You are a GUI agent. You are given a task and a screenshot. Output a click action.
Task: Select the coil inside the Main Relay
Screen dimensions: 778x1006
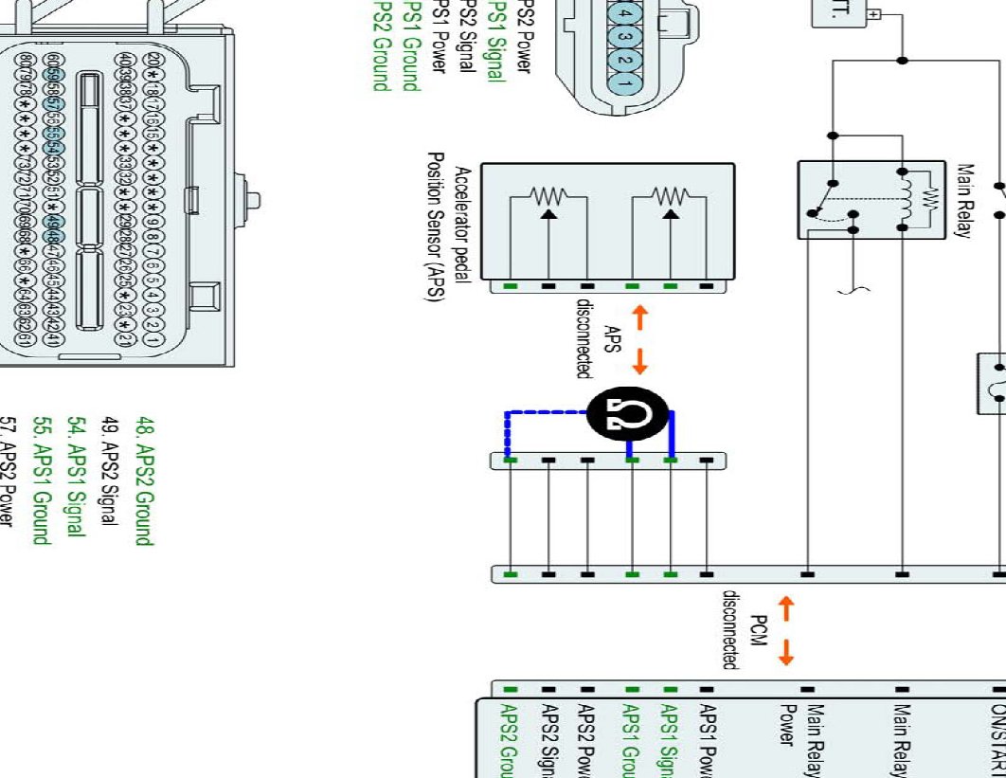tap(905, 198)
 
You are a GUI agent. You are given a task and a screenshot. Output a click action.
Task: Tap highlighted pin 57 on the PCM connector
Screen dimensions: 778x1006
tap(54, 105)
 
